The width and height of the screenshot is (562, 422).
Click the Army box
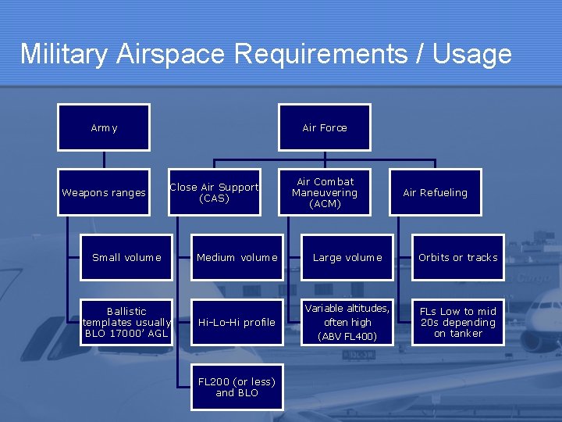tap(104, 127)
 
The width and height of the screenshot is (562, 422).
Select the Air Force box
tap(325, 127)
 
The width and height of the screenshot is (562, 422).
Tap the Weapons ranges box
tap(104, 192)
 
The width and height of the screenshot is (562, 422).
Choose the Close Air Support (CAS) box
tap(214, 192)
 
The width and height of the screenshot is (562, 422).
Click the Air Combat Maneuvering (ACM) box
tap(325, 192)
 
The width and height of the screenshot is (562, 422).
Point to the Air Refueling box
tap(435, 192)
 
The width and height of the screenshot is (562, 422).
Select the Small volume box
tap(126, 257)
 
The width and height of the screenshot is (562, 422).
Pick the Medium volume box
tap(237, 257)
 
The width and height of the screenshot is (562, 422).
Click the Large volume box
tap(347, 257)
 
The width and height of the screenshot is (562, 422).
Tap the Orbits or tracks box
tap(457, 257)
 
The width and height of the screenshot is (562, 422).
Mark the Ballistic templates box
tap(126, 322)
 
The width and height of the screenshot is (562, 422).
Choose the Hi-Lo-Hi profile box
tap(237, 322)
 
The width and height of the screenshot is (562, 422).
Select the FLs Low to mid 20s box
tap(457, 322)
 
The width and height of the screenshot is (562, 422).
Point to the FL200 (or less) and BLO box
tap(237, 387)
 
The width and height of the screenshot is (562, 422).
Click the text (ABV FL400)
tap(347, 337)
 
